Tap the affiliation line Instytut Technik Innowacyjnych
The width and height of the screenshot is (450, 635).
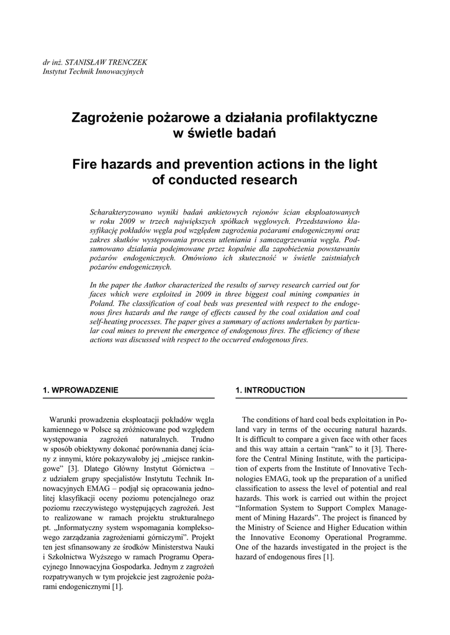pos(92,71)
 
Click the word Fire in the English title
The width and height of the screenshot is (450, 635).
pos(86,165)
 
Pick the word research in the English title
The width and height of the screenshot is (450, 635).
pos(269,180)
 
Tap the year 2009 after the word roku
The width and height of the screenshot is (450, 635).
pos(127,221)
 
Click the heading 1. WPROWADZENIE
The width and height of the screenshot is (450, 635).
pos(80,390)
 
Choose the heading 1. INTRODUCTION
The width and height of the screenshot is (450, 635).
pos(270,390)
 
